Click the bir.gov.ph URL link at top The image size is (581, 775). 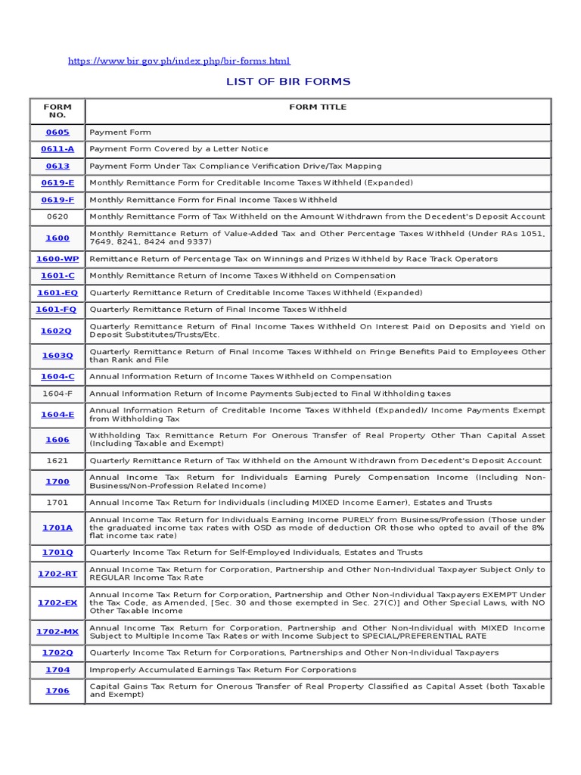pyautogui.click(x=179, y=61)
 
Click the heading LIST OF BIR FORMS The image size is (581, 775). pyautogui.click(x=288, y=82)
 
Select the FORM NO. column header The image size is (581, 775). pyautogui.click(x=57, y=111)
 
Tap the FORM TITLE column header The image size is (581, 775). pyautogui.click(x=318, y=107)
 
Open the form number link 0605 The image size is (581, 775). pyautogui.click(x=57, y=132)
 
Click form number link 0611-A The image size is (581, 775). pyautogui.click(x=57, y=149)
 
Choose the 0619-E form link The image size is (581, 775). pyautogui.click(x=57, y=183)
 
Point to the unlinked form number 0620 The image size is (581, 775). pyautogui.click(x=57, y=216)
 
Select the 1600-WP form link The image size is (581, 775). pyautogui.click(x=57, y=259)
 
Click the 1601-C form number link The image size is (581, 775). pyautogui.click(x=57, y=275)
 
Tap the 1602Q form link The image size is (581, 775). pyautogui.click(x=57, y=331)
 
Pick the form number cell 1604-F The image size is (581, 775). pyautogui.click(x=57, y=394)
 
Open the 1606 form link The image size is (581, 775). pyautogui.click(x=57, y=440)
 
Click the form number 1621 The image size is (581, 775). pyautogui.click(x=57, y=461)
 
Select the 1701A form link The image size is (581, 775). pyautogui.click(x=57, y=528)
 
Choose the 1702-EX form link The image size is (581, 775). pyautogui.click(x=57, y=603)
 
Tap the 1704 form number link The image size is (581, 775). pyautogui.click(x=57, y=670)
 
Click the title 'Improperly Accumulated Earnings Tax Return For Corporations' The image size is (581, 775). pyautogui.click(x=222, y=670)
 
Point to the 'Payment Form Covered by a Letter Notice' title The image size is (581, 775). pyautogui.click(x=179, y=149)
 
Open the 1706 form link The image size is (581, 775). pyautogui.click(x=57, y=691)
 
